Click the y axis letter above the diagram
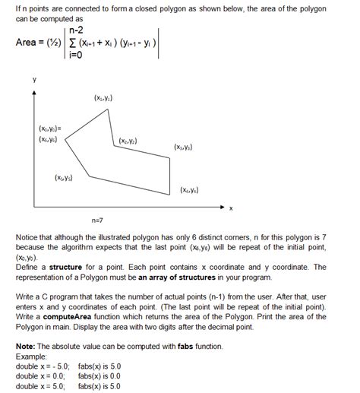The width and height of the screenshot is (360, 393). tap(33, 77)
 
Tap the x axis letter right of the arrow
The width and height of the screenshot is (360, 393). tap(231, 208)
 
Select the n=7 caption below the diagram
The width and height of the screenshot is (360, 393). tap(97, 220)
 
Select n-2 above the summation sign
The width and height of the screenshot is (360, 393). tap(75, 32)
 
